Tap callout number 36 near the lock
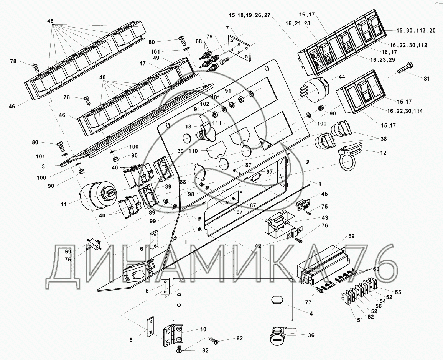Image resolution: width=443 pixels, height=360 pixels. point(311,335)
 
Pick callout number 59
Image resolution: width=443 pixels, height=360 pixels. point(352,236)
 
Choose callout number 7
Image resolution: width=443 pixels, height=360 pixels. point(227,28)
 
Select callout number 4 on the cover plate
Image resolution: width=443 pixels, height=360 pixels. point(311,313)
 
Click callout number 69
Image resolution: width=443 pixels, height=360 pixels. point(68,251)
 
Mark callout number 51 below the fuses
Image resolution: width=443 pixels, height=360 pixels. point(359,321)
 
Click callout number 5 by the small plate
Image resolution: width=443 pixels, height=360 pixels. point(132,339)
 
